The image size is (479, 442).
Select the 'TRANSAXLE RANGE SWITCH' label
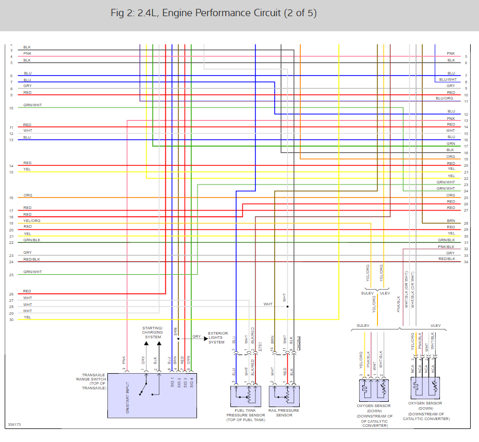pyautogui.click(x=94, y=382)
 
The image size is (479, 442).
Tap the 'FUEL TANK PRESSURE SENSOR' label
pyautogui.click(x=245, y=415)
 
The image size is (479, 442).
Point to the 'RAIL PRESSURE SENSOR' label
pyautogui.click(x=284, y=413)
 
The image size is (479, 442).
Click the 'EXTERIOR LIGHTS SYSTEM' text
pyautogui.click(x=218, y=338)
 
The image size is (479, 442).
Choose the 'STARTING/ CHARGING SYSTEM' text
pyautogui.click(x=152, y=333)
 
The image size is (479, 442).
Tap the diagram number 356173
pyautogui.click(x=15, y=425)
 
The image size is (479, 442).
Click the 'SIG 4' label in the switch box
pyautogui.click(x=191, y=382)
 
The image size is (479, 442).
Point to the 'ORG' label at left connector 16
pyautogui.click(x=28, y=195)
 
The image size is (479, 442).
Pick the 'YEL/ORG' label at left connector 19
pyautogui.click(x=32, y=220)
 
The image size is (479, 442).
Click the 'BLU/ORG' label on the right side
pyautogui.click(x=445, y=99)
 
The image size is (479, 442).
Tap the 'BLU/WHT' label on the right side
pyautogui.click(x=448, y=80)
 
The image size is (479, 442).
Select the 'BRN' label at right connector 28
pyautogui.click(x=451, y=221)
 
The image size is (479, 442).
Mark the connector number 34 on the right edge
pyautogui.click(x=465, y=262)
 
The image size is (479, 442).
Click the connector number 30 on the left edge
pyautogui.click(x=11, y=320)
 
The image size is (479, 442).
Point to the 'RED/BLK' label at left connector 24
pyautogui.click(x=31, y=259)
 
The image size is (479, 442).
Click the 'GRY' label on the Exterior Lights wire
pyautogui.click(x=196, y=337)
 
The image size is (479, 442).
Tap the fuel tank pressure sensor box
pyautogui.click(x=245, y=396)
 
